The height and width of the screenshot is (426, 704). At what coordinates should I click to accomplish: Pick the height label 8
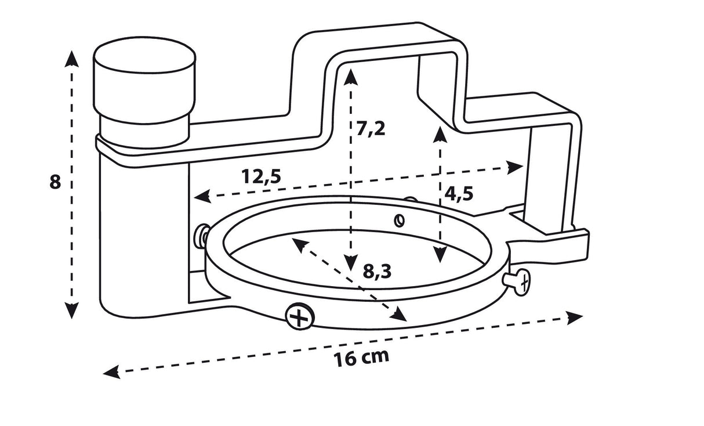pos(55,182)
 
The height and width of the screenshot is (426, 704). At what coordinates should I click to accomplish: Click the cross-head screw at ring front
pos(299,317)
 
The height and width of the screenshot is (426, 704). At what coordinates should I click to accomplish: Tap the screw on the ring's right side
pos(518,281)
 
